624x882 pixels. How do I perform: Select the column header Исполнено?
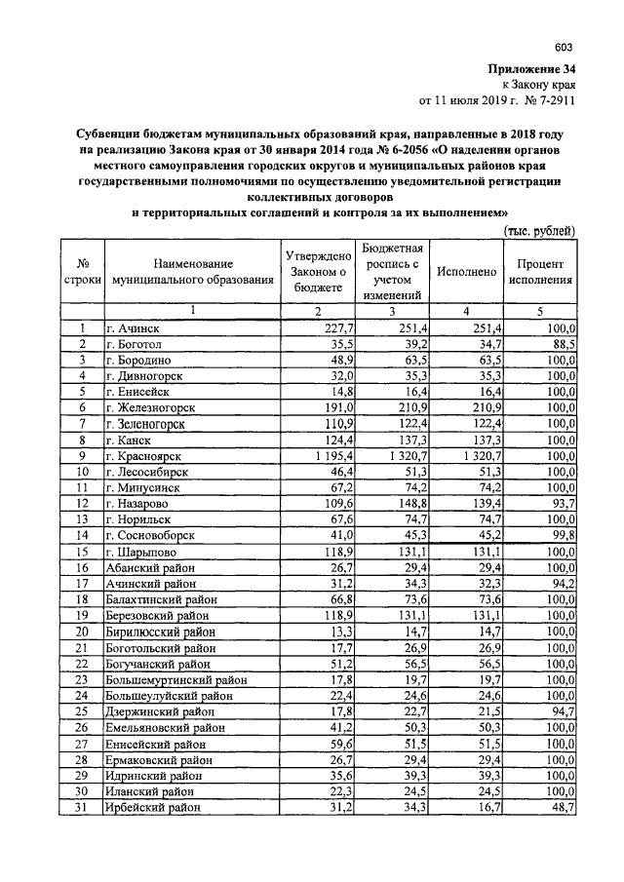(x=467, y=272)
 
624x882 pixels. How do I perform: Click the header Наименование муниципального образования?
(x=192, y=272)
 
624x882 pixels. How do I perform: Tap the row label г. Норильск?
(x=139, y=518)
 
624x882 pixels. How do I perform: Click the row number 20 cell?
(x=84, y=631)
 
